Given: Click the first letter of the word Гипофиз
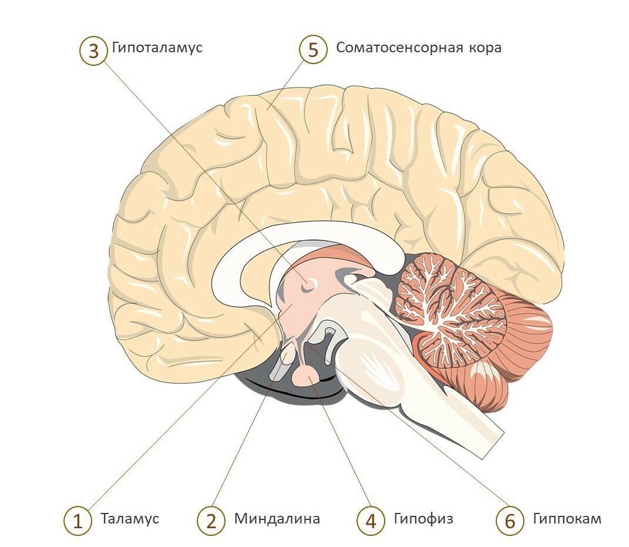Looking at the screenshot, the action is [x=398, y=518].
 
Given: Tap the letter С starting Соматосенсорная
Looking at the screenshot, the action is [x=340, y=48].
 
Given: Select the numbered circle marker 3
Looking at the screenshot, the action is [x=93, y=51].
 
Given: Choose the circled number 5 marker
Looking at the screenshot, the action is [x=313, y=51].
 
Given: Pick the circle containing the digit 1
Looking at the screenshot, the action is [x=78, y=521].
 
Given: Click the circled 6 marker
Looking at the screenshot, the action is [x=510, y=521].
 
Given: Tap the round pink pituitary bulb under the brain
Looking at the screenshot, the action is [x=305, y=375].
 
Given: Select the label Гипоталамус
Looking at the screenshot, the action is [x=157, y=48].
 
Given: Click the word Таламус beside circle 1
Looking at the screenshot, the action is [x=130, y=519].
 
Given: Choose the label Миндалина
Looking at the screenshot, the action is [x=277, y=519].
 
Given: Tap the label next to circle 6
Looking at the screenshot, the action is [x=567, y=519].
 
